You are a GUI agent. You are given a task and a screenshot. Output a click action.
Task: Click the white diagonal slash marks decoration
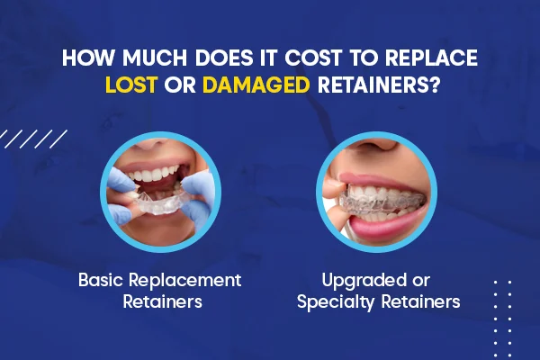coord(33,139)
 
